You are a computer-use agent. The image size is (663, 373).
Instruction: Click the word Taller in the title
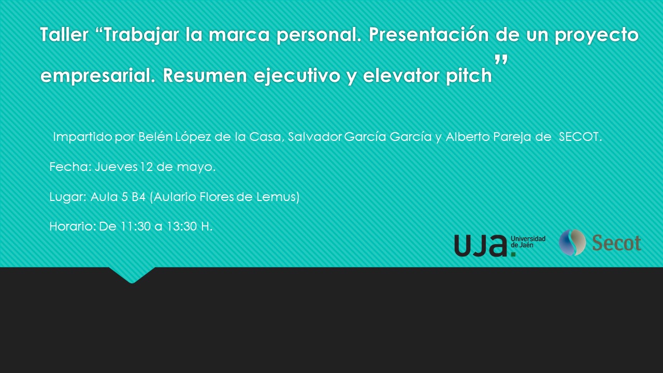point(64,34)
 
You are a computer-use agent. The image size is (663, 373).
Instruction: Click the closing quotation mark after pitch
point(501,60)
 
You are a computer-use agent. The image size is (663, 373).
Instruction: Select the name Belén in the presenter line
point(155,136)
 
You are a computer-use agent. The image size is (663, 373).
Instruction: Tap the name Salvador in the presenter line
point(314,136)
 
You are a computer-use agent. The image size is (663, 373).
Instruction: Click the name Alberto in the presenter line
point(468,136)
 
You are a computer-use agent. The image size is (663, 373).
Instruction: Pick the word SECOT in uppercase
point(580,137)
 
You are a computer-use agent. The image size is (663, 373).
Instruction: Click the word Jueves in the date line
point(116,167)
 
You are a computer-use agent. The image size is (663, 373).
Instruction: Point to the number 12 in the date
point(146,167)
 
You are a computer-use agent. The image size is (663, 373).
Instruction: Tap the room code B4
point(138,196)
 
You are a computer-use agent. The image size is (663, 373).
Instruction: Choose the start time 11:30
point(136,226)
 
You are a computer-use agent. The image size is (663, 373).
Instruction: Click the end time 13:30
point(182,226)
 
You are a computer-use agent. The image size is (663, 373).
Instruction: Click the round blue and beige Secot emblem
point(572,242)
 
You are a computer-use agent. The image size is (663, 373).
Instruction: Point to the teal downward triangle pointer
point(132,275)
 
